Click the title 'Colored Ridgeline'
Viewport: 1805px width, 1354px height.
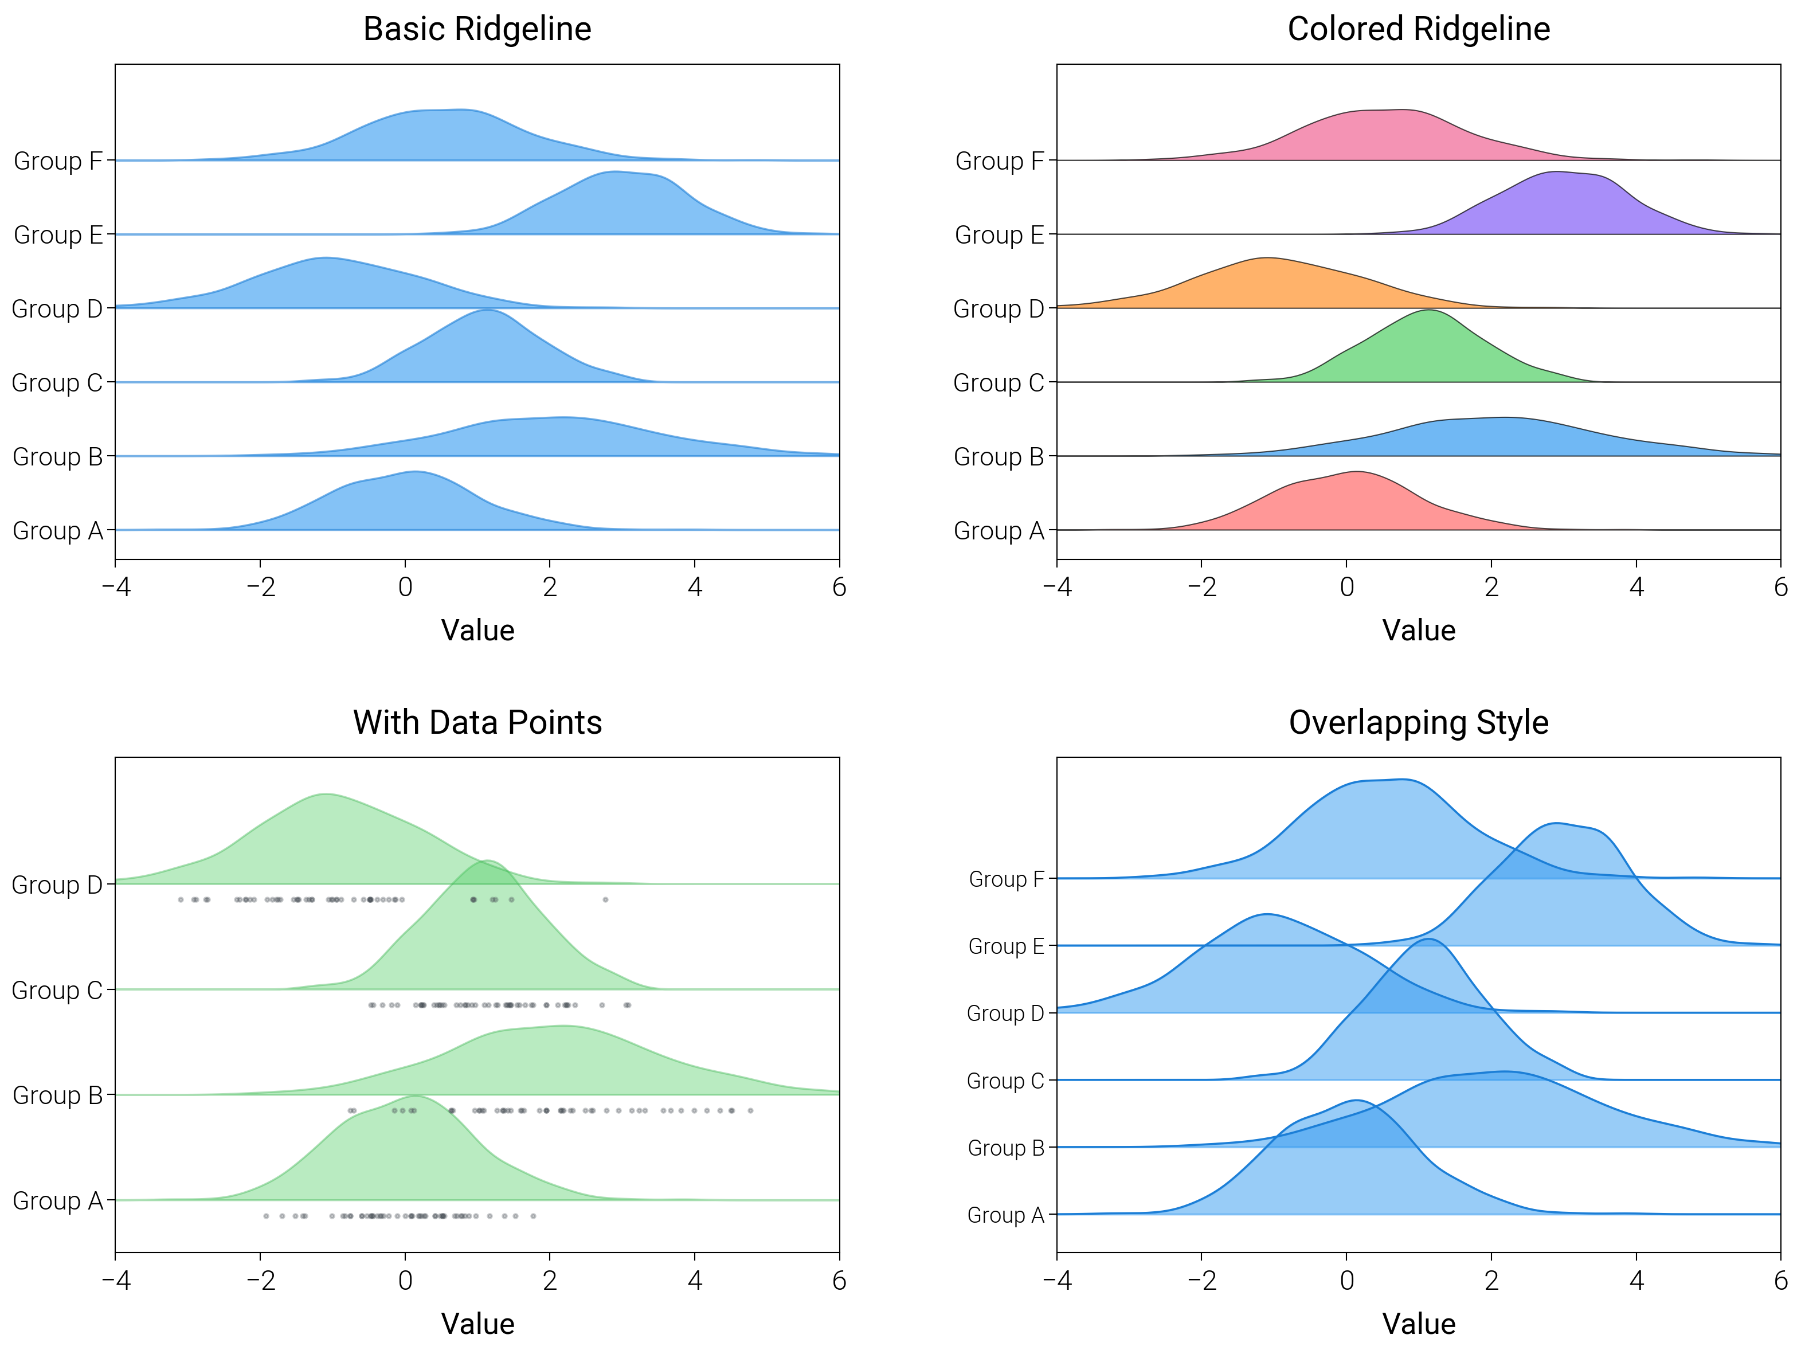tap(1418, 29)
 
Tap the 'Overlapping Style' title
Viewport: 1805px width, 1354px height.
tap(1418, 722)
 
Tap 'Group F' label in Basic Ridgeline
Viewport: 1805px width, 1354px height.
tap(58, 161)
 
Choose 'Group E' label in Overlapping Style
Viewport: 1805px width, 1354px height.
tap(1005, 946)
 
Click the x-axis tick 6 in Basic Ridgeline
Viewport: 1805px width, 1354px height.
tap(839, 587)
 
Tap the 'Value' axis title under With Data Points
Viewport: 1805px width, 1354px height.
tap(477, 1323)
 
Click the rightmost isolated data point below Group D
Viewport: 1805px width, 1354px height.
tap(605, 899)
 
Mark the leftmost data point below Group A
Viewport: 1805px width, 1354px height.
tap(266, 1216)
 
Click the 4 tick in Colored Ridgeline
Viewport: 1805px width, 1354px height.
tap(1636, 587)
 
